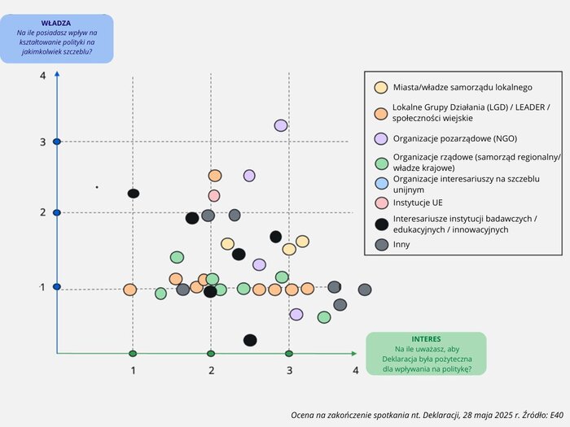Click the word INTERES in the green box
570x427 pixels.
(426, 338)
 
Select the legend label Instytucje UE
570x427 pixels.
(418, 202)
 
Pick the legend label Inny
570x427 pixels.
(401, 244)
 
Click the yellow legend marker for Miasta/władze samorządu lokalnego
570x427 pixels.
(380, 88)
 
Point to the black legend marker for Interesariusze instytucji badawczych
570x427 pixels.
(380, 224)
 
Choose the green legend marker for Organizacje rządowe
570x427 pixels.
(380, 162)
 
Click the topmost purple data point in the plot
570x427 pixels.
(281, 125)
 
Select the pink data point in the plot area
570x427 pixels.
(214, 195)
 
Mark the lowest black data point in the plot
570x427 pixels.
(250, 340)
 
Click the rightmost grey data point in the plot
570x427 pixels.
(365, 290)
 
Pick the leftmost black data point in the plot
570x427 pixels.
(134, 194)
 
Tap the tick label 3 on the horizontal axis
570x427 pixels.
(289, 370)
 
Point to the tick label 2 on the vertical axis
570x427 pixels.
(42, 212)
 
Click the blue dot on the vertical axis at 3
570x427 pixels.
(57, 142)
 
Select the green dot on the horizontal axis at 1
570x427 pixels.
(133, 354)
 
